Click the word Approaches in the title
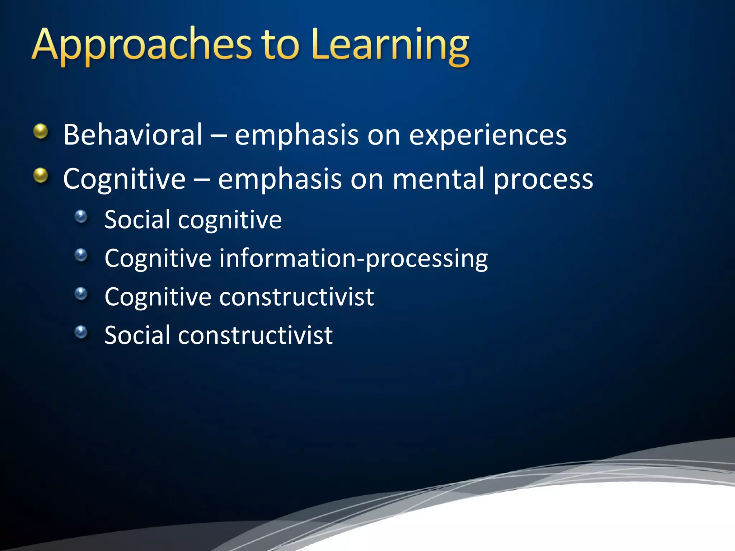point(142,45)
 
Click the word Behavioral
point(133,135)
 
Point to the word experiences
point(488,136)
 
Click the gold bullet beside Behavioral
point(41,131)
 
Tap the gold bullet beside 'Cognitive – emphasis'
point(41,175)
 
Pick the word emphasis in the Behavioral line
point(296,136)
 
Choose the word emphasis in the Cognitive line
point(280,179)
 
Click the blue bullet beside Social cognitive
point(81,216)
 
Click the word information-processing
point(354,258)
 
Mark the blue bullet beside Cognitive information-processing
point(81,255)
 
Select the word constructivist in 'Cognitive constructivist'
point(296,297)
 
